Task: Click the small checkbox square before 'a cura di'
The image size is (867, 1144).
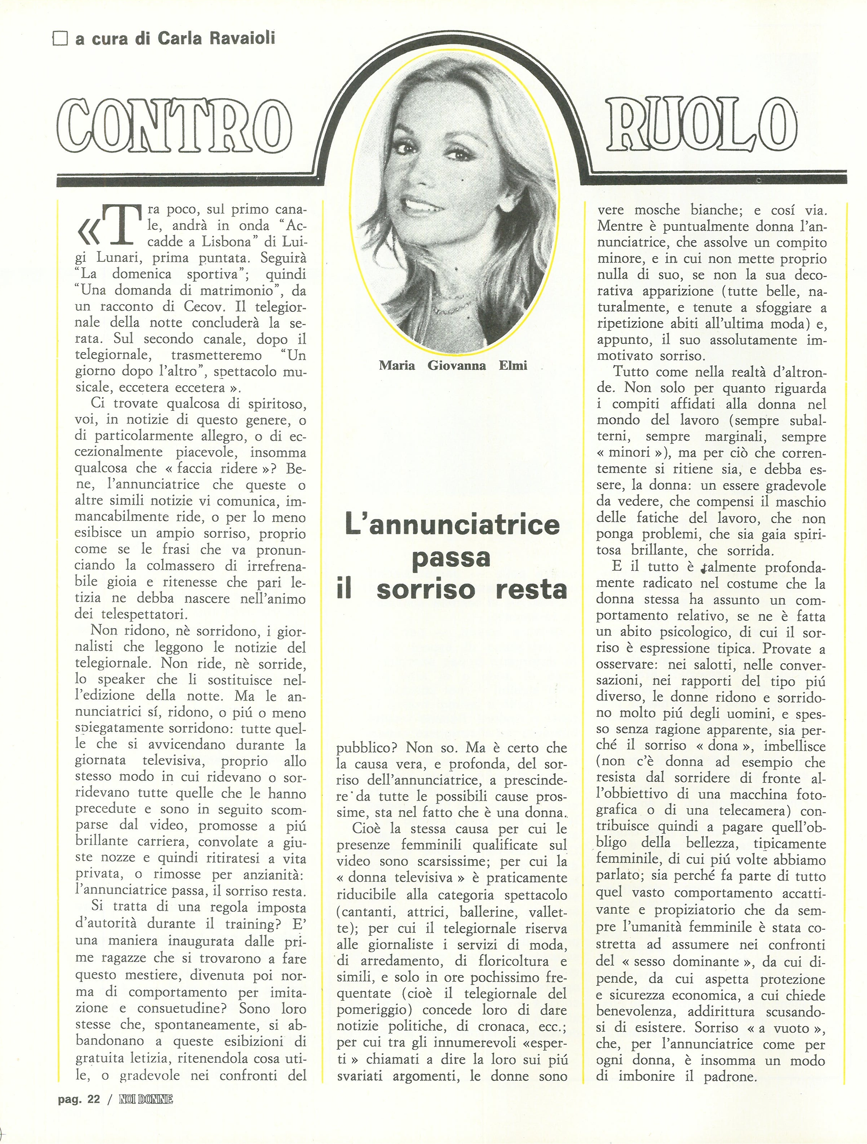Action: click(x=60, y=39)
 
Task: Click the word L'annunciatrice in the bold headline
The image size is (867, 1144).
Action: click(x=452, y=525)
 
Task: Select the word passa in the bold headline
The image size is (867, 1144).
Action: click(x=451, y=557)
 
